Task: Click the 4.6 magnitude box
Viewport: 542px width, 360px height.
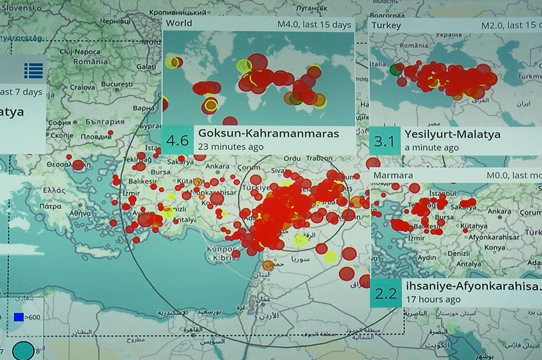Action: pos(177,140)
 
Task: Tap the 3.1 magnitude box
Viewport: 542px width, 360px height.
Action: pos(386,141)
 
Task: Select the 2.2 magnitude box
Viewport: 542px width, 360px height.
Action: pos(386,293)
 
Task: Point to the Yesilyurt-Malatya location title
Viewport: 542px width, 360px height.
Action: pos(453,134)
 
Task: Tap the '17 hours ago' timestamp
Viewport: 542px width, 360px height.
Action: pos(432,299)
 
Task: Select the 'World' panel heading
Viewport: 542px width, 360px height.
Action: pos(179,24)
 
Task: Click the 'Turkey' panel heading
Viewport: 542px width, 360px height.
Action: pos(386,25)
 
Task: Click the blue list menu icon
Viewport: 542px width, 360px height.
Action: pos(33,70)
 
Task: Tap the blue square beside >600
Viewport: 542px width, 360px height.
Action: pos(18,317)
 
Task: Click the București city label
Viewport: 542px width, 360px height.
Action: pos(116,84)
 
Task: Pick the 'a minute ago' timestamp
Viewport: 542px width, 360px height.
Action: pos(431,147)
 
